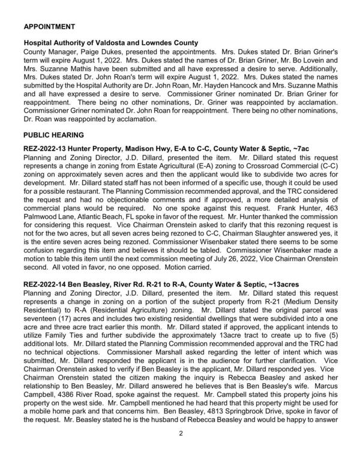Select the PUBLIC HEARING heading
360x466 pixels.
tap(53, 136)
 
